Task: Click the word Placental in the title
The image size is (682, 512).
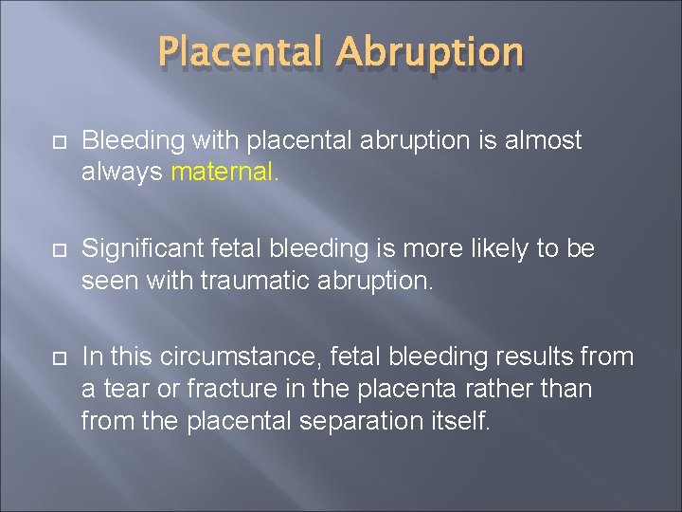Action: (243, 54)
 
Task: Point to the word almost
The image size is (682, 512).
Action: (545, 141)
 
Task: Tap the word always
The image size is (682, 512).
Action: (121, 172)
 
